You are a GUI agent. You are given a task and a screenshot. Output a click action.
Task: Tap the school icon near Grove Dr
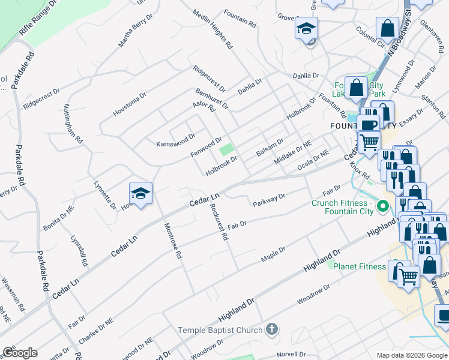[x=306, y=28]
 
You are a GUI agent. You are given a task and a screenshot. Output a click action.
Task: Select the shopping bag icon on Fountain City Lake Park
[x=357, y=88]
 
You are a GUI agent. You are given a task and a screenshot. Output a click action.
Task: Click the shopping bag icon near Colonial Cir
[x=388, y=28]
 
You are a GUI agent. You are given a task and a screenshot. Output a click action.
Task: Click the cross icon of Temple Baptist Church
[x=271, y=329]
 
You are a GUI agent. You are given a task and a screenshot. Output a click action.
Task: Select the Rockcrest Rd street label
[x=218, y=222]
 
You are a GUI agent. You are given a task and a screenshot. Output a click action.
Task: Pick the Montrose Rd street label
[x=172, y=239]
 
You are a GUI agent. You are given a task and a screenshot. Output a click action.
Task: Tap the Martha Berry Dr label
[x=132, y=33]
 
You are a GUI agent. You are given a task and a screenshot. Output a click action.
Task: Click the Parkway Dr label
[x=268, y=199]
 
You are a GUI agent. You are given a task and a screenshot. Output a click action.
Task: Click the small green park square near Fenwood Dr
[x=226, y=149]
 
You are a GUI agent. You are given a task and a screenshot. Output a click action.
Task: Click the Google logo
[x=20, y=352]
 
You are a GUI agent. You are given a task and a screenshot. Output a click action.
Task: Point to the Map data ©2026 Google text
[x=411, y=355]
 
